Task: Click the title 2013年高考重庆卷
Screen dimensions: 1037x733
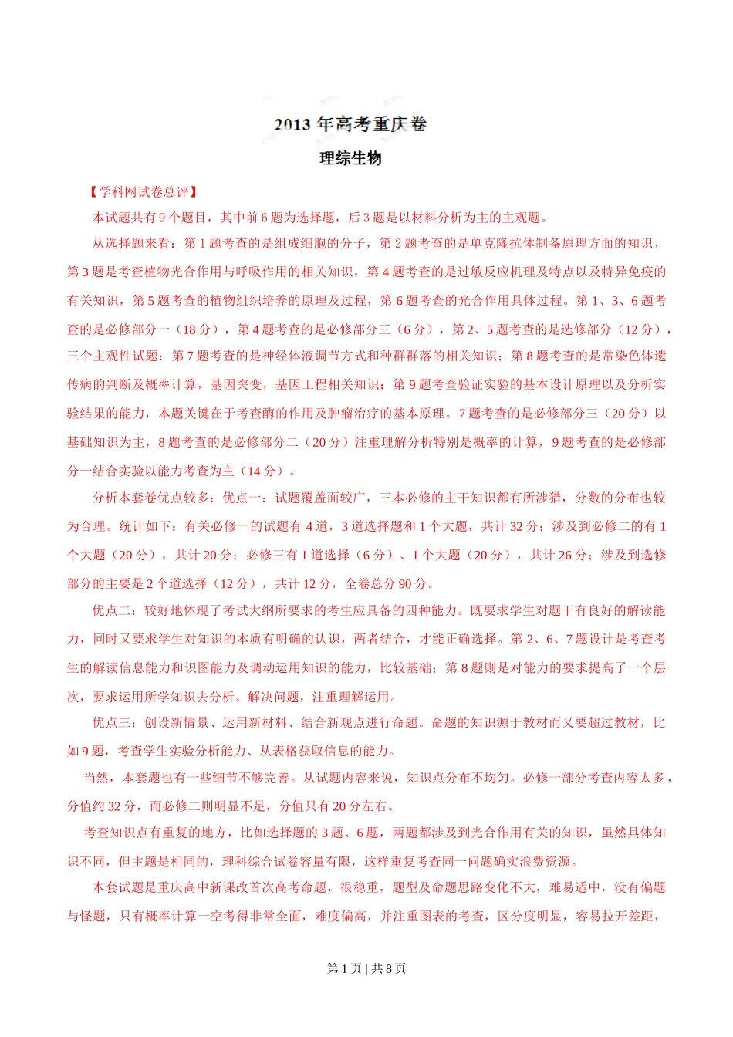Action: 350,124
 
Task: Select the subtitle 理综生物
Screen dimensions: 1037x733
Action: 350,158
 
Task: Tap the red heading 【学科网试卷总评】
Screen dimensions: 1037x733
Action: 144,192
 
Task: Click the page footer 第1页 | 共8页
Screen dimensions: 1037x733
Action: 366,968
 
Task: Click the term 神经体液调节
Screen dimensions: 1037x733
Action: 302,356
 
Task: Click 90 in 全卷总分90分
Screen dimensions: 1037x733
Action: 406,584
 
